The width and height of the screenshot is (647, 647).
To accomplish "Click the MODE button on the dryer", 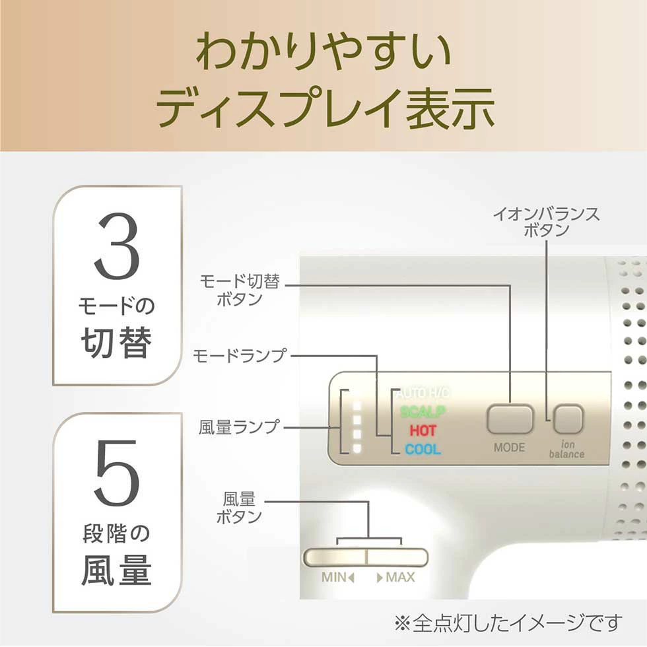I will [x=510, y=419].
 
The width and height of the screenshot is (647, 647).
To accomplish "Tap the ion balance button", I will [x=568, y=419].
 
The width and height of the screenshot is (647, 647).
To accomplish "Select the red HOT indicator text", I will [x=423, y=431].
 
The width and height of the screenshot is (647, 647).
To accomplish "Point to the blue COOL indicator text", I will [x=423, y=450].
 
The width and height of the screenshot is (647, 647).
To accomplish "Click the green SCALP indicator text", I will [x=423, y=412].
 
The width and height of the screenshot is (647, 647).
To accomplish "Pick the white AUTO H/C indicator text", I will [x=423, y=393].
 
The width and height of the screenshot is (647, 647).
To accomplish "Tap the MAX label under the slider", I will [x=396, y=577].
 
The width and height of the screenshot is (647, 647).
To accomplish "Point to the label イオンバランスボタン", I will [x=546, y=222].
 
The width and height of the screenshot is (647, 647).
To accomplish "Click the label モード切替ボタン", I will [x=240, y=290].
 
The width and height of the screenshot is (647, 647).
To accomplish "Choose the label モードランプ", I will [x=240, y=356].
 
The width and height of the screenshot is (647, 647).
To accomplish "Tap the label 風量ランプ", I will [x=240, y=427].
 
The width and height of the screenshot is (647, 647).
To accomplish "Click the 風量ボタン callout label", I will [x=240, y=507].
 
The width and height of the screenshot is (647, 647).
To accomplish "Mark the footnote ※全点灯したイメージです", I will [x=508, y=623].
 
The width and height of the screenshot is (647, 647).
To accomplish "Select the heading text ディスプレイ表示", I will [x=323, y=108].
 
